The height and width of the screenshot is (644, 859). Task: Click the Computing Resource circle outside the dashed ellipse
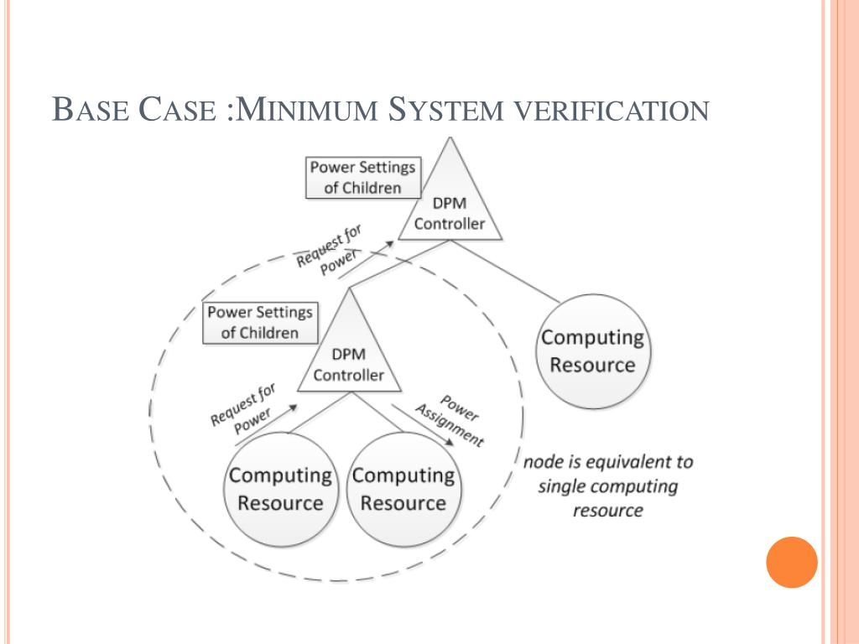pos(592,351)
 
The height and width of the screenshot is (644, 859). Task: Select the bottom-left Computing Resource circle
pos(280,489)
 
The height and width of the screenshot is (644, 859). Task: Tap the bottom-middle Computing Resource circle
pos(403,489)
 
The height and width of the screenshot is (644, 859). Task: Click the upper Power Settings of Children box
pos(362,177)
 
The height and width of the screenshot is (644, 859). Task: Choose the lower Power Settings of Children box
pos(259,322)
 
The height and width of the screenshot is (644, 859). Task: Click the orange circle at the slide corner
pos(791,562)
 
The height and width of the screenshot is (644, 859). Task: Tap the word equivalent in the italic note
pos(613,462)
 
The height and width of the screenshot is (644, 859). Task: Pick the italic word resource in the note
pos(607,510)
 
